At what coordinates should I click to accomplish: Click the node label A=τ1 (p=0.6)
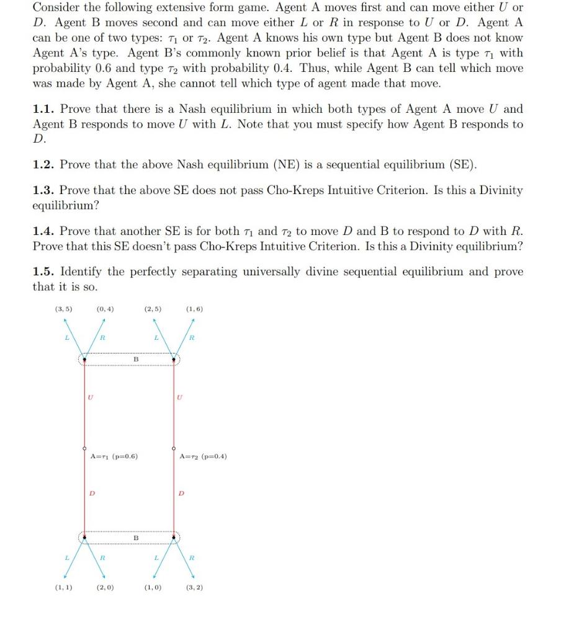114,456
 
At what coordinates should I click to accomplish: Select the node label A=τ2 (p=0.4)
203,456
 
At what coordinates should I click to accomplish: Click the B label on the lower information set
136,538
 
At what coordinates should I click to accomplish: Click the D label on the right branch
182,494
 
